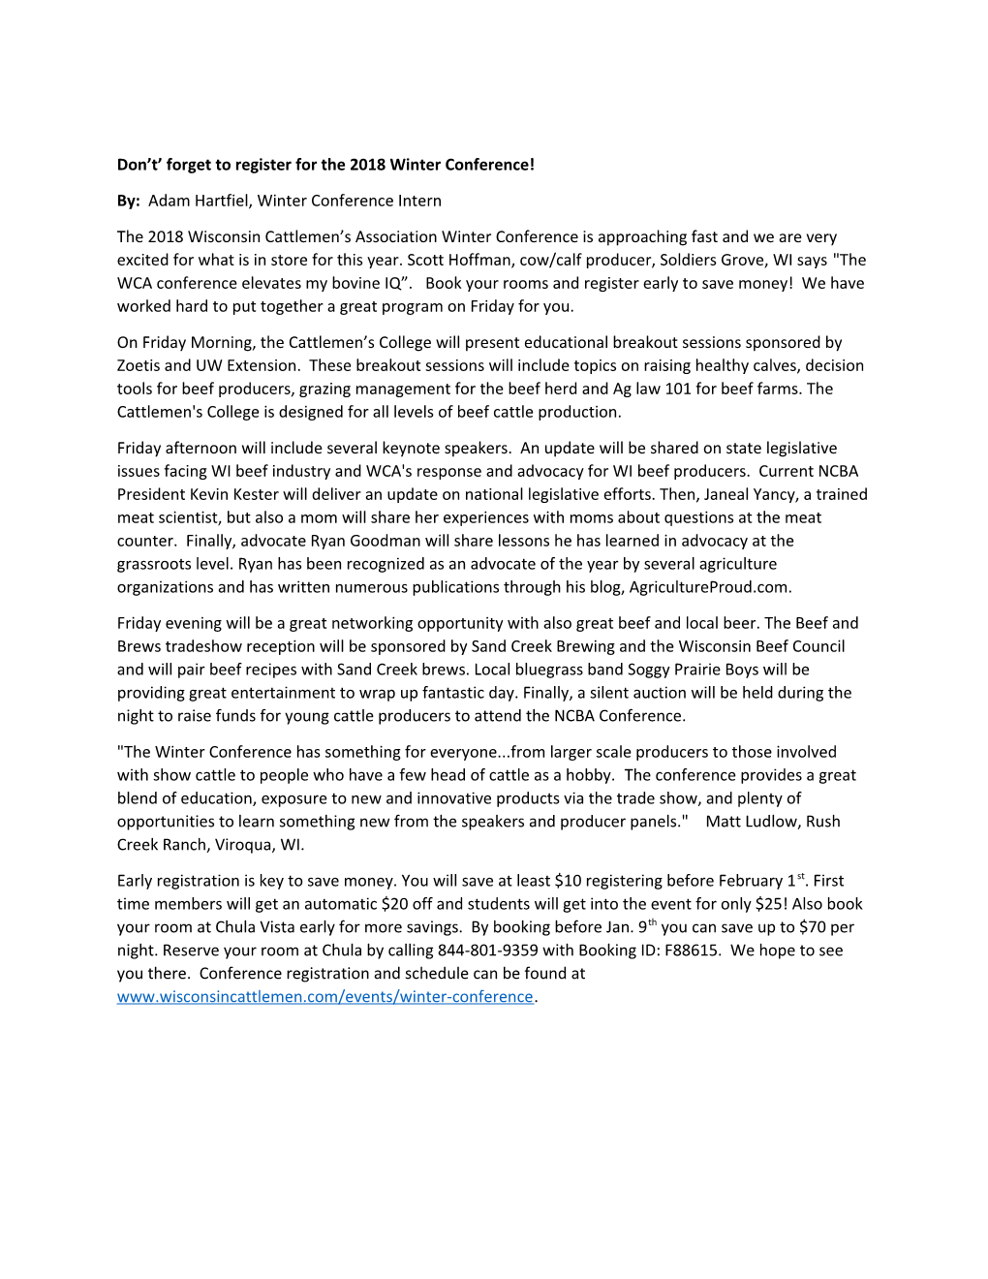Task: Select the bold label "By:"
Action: (x=128, y=201)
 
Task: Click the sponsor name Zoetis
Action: (x=139, y=365)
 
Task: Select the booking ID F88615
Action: (x=692, y=951)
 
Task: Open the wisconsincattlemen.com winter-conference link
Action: (x=324, y=997)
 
